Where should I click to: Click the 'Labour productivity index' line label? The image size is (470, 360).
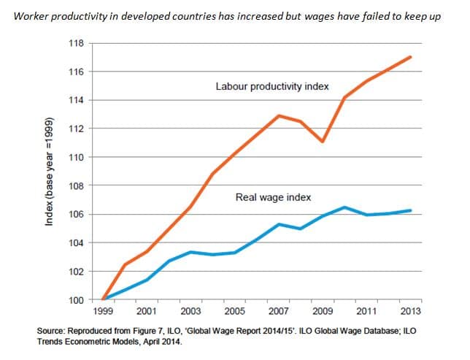point(272,86)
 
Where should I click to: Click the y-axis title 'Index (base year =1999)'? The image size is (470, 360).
point(49,171)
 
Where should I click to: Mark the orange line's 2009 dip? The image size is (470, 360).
point(323,141)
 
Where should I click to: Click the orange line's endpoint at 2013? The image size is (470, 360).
point(411,57)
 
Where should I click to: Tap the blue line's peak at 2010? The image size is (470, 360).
point(344,207)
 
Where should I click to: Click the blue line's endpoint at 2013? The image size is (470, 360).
point(411,210)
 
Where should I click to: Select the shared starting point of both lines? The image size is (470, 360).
point(104,299)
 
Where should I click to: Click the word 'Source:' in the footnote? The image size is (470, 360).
point(53,331)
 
